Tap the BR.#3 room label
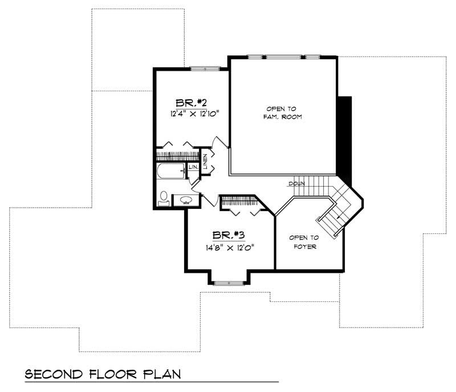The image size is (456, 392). pyautogui.click(x=229, y=235)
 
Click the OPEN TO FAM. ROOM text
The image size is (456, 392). pyautogui.click(x=283, y=112)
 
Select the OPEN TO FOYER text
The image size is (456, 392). pyautogui.click(x=302, y=243)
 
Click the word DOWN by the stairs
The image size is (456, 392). pyautogui.click(x=296, y=184)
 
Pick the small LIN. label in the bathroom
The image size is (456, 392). pyautogui.click(x=193, y=167)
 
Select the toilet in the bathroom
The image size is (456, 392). pyautogui.click(x=164, y=197)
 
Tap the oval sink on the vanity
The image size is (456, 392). pyautogui.click(x=186, y=200)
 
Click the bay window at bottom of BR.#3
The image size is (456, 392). pyautogui.click(x=228, y=282)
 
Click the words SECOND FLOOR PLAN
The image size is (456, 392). pyautogui.click(x=103, y=374)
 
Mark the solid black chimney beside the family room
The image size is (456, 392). pyautogui.click(x=344, y=137)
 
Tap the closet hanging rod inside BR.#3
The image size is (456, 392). pyautogui.click(x=238, y=200)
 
